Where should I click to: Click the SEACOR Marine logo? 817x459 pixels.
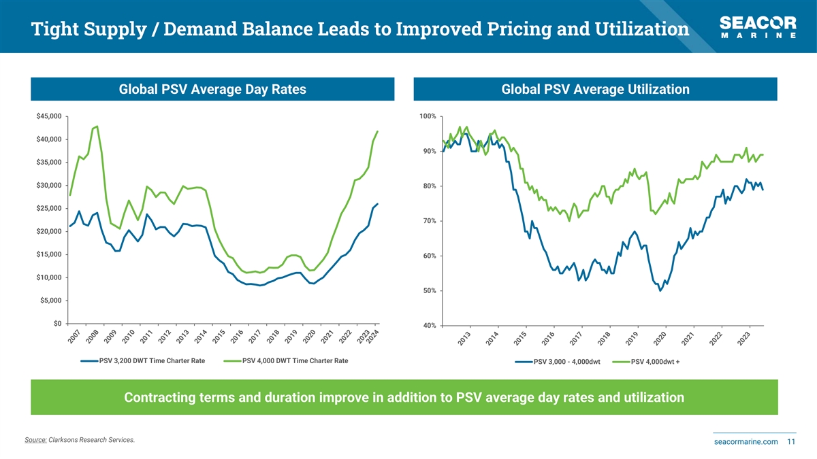[758, 27]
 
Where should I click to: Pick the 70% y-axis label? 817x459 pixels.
[429, 221]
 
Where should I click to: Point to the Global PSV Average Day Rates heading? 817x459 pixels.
[212, 89]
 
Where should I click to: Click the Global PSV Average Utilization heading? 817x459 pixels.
[595, 89]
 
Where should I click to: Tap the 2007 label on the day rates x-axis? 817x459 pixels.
[74, 336]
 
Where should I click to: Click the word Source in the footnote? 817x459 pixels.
[35, 440]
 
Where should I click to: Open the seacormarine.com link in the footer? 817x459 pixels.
[746, 442]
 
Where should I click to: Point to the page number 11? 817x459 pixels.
[791, 442]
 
